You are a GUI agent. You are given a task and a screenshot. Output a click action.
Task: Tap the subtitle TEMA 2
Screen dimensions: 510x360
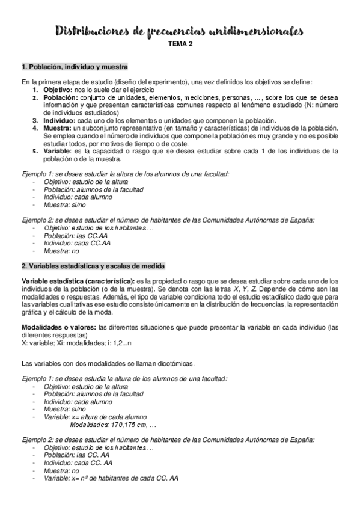180,45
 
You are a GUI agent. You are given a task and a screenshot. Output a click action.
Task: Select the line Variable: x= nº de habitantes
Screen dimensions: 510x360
111,478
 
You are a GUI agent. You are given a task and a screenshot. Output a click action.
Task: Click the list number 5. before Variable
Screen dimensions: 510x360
36,152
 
